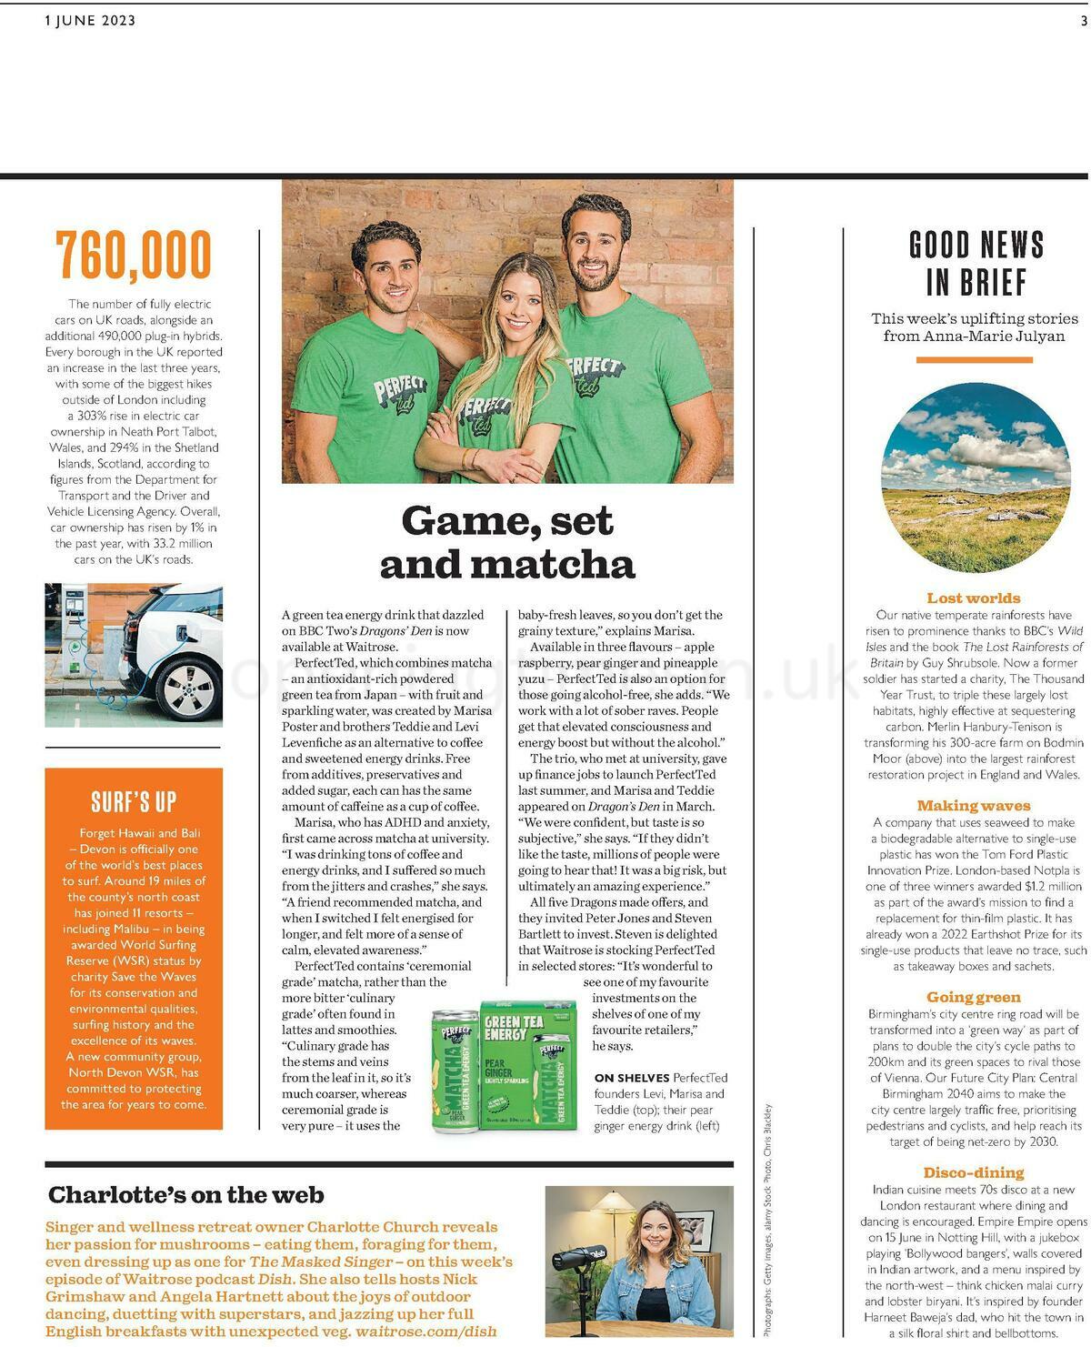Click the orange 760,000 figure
tap(134, 256)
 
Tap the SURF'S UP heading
tap(134, 801)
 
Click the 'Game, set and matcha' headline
tap(507, 542)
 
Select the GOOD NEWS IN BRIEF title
tap(976, 264)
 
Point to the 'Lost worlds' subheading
tap(973, 598)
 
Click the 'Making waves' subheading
tap(973, 805)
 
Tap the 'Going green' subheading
tap(973, 997)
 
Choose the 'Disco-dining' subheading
tap(973, 1172)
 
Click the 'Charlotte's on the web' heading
tap(186, 1194)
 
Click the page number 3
tap(1083, 21)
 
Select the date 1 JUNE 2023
tap(90, 21)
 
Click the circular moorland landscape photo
tap(976, 477)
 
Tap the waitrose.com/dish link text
tap(425, 1332)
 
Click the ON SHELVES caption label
tap(631, 1078)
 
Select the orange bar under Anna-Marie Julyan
tap(974, 360)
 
